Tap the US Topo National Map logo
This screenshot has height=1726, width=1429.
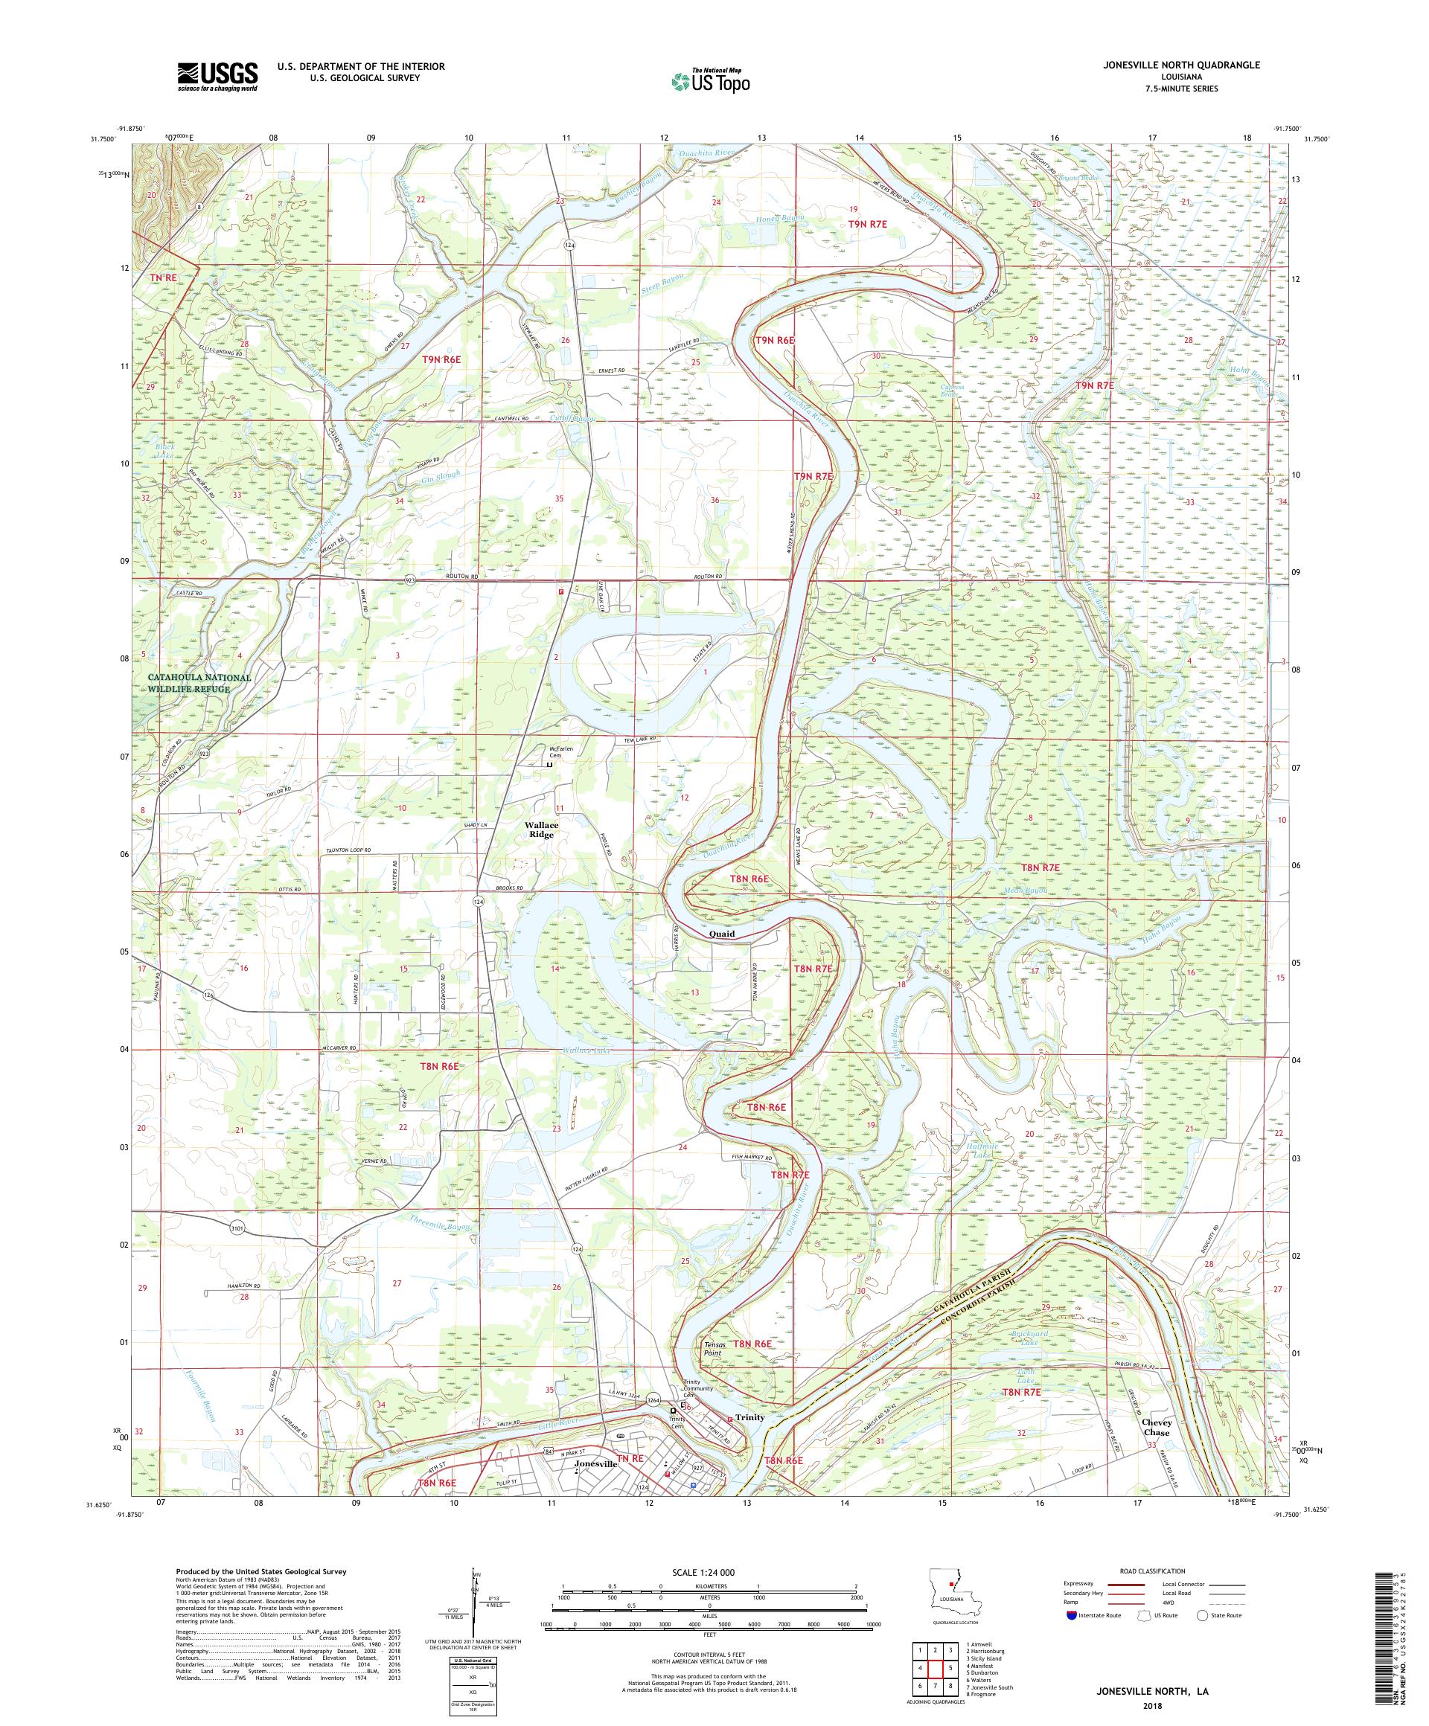click(x=712, y=80)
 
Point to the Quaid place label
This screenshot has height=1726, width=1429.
click(x=721, y=934)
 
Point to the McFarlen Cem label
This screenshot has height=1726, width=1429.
click(x=559, y=752)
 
